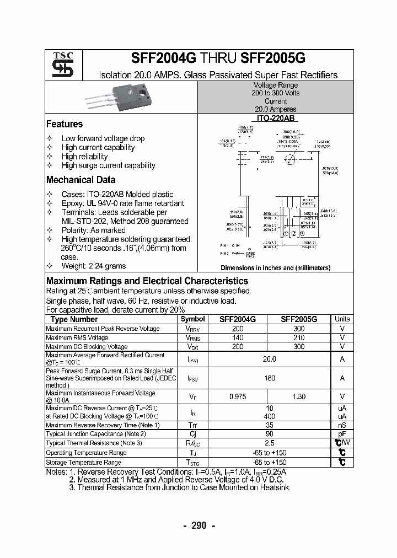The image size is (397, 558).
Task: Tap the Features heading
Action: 65,124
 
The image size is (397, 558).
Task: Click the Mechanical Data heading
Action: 81,180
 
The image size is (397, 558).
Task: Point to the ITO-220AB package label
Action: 275,118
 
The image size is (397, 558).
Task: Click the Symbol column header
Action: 192,319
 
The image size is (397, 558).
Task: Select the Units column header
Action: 342,319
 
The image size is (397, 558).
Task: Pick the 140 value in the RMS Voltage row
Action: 238,337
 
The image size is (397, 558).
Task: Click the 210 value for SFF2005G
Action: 298,337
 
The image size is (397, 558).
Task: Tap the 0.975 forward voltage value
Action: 238,396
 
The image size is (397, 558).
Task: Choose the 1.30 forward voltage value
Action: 298,396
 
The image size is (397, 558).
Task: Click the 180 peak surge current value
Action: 269,378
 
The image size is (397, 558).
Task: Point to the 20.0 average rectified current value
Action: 269,359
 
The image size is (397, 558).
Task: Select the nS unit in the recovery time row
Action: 342,425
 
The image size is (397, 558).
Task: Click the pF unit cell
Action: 342,434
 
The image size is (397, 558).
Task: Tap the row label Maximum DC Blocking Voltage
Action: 87,347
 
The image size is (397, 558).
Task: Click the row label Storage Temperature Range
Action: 83,462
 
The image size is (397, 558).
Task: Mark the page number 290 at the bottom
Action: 198,525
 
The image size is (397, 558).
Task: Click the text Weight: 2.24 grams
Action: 94,266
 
